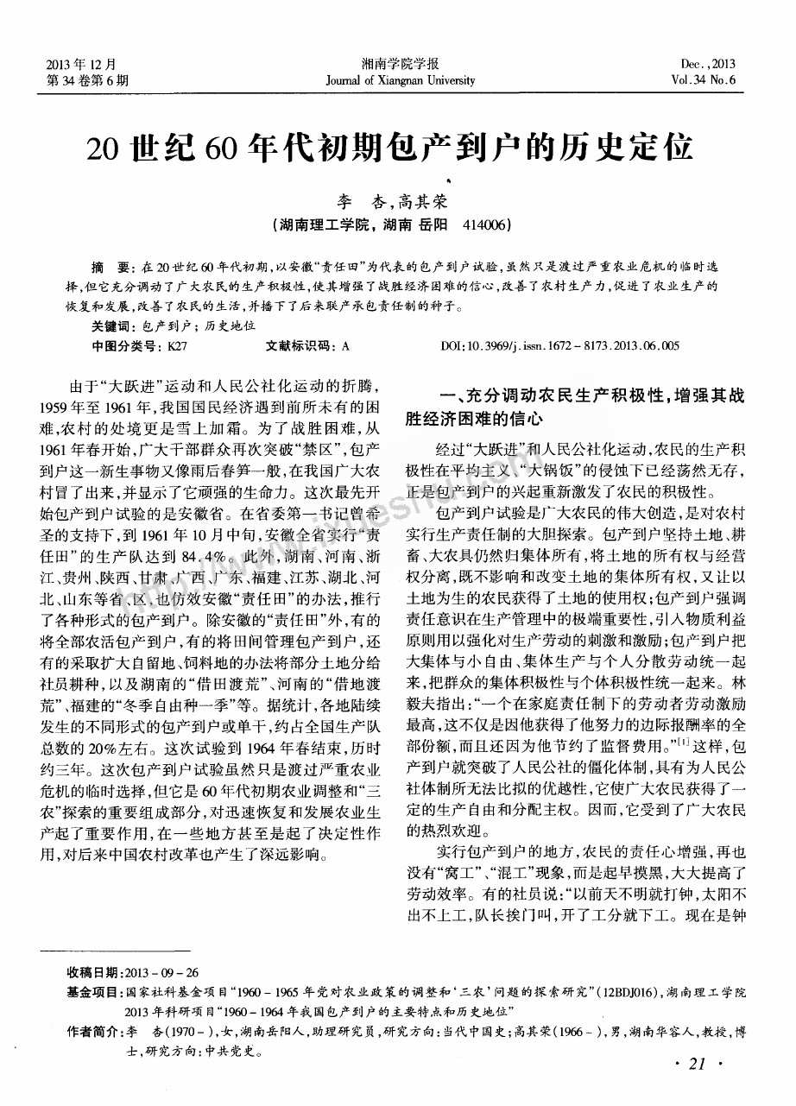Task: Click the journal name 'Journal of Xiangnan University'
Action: click(401, 80)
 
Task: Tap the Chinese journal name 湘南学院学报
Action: click(401, 64)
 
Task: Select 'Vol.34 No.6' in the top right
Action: click(707, 80)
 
